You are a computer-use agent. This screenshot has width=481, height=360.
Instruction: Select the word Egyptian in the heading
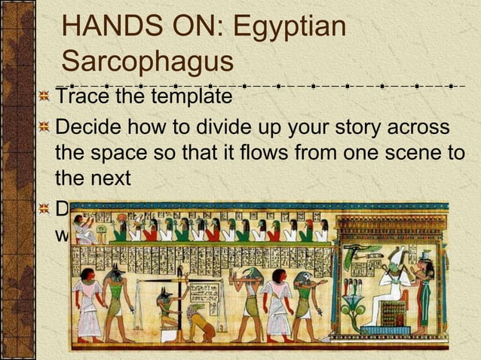tap(290, 27)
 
